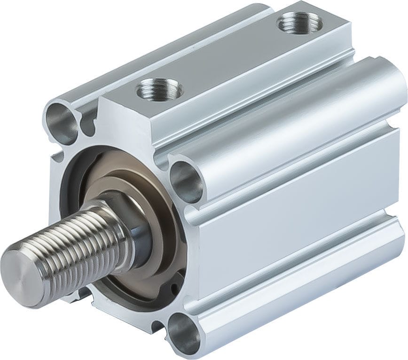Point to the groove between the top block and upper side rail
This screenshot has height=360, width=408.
(x=263, y=89)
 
